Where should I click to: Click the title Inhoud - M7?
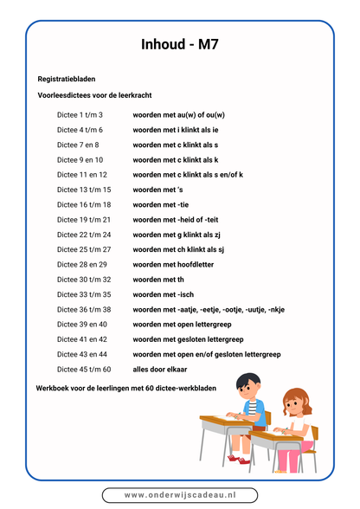click(180, 46)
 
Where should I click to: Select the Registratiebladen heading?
click(67, 79)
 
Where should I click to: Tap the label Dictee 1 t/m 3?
click(80, 115)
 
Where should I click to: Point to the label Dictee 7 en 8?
click(78, 145)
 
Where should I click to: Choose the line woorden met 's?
click(158, 190)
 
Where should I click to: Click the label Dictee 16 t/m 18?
click(84, 204)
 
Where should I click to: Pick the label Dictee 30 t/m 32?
click(84, 279)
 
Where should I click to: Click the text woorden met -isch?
click(164, 294)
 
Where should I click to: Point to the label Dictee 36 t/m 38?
click(84, 309)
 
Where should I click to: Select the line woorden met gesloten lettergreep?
click(188, 339)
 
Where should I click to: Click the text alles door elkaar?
click(163, 369)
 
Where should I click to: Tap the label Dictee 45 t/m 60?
click(84, 369)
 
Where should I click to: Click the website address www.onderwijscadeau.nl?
click(180, 494)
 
